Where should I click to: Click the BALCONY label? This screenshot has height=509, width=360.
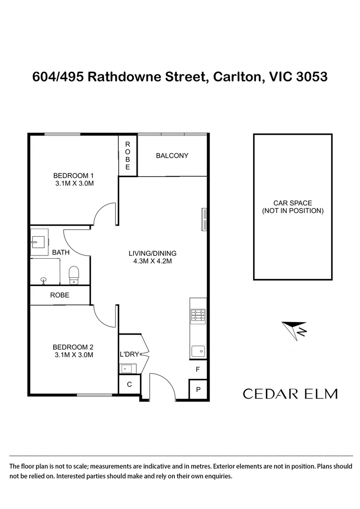click(172, 156)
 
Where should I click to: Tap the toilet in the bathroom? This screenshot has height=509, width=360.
click(74, 275)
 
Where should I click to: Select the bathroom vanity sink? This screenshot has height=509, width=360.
click(39, 242)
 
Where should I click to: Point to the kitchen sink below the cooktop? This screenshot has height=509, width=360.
click(198, 351)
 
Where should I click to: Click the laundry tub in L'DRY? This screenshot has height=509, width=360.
click(126, 369)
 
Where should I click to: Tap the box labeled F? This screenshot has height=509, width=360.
click(198, 369)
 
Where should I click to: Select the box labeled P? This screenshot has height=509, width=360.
click(198, 389)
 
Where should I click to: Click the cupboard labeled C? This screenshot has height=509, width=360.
click(129, 385)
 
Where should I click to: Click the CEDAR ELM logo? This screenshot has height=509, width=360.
click(290, 394)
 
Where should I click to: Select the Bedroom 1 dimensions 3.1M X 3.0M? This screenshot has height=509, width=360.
click(74, 183)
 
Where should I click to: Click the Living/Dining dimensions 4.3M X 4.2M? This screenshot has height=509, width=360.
click(153, 261)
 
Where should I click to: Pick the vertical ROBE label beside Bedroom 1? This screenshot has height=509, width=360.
click(128, 156)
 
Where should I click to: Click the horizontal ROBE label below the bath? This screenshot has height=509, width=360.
click(60, 295)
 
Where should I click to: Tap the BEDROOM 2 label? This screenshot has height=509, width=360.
click(73, 347)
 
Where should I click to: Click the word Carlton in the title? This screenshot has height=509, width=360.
click(237, 77)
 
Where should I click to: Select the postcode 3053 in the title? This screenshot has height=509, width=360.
click(311, 77)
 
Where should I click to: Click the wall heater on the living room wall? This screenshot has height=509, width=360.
click(204, 220)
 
